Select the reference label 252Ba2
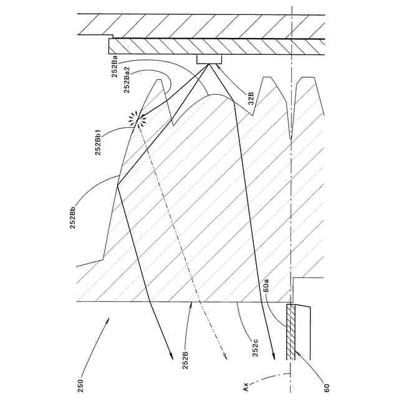127,80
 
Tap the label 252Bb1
99,142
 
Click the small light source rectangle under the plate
209,60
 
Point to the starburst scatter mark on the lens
135,118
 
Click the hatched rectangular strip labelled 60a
291,332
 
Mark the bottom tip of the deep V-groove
291,138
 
